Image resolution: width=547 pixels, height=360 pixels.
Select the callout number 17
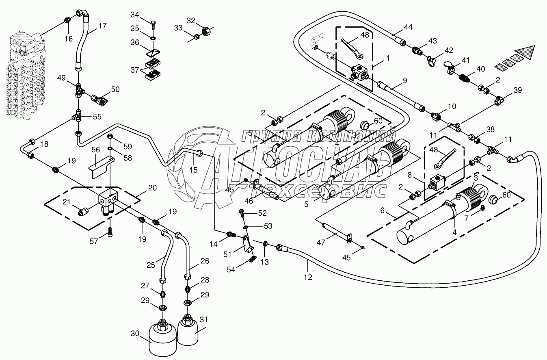tap(103, 26)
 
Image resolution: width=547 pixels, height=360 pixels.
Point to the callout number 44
tap(408, 27)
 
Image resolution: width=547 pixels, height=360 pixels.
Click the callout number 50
tap(115, 89)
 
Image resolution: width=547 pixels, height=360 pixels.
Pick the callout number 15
tap(193, 169)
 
